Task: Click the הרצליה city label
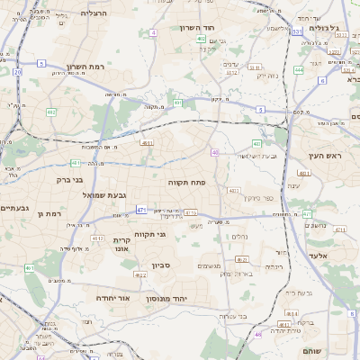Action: [x=94, y=13]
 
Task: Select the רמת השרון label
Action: [x=86, y=67]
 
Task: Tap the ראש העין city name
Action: [x=321, y=155]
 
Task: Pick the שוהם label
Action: [x=313, y=350]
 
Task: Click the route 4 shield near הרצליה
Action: [x=154, y=32]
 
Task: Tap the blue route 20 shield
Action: [x=18, y=71]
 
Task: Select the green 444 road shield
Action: [x=299, y=69]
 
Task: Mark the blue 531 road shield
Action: [x=297, y=31]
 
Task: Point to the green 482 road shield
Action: [x=50, y=112]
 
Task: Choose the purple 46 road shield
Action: [x=257, y=335]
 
